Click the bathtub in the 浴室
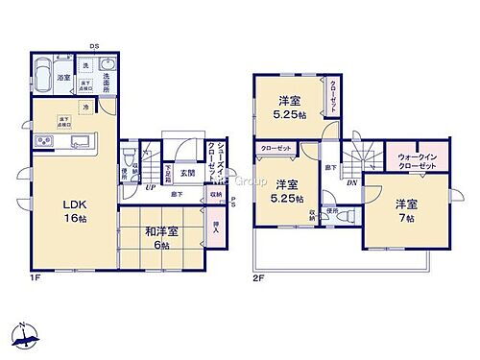pyautogui.click(x=44, y=75)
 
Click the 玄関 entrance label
pyautogui.click(x=188, y=174)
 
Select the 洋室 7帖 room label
pyautogui.click(x=404, y=210)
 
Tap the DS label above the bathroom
pyautogui.click(x=94, y=46)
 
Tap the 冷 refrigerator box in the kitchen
pyautogui.click(x=85, y=108)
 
